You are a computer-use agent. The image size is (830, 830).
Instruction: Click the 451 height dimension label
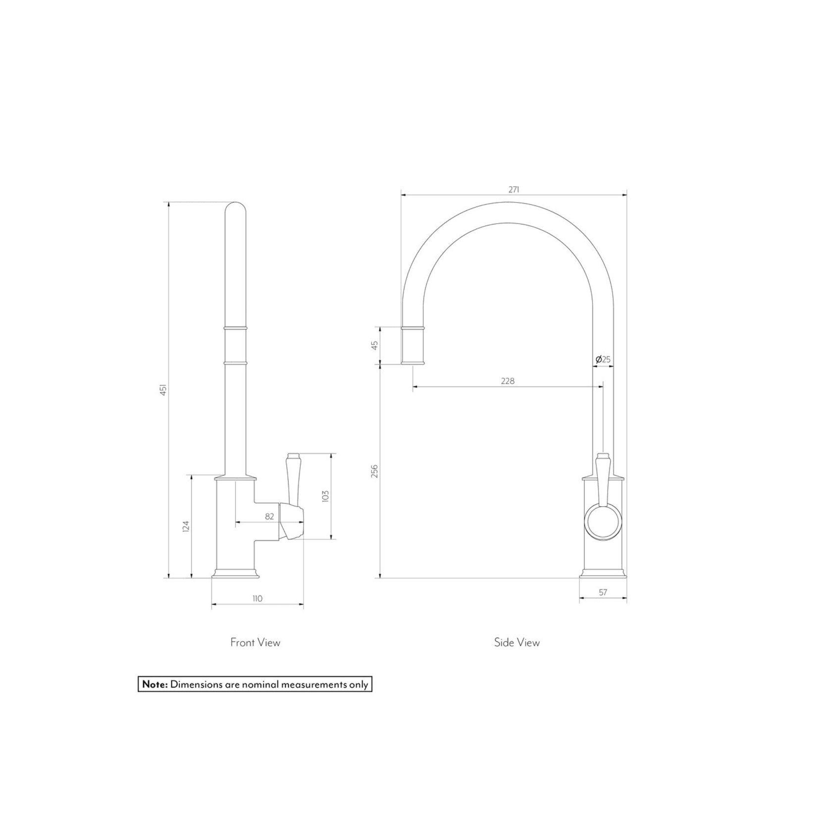pos(163,390)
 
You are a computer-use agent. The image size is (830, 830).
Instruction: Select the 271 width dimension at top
pos(514,190)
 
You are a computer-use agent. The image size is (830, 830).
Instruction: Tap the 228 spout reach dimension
pos(508,381)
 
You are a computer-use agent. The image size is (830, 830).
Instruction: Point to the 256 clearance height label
pos(374,470)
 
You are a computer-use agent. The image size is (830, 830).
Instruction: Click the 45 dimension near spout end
pos(375,345)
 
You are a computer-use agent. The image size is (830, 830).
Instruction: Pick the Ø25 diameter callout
pos(603,360)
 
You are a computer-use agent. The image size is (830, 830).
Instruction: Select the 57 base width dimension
pos(603,592)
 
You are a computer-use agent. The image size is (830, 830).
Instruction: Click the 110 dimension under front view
pos(257,598)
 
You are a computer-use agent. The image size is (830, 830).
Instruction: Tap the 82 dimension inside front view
pos(269,517)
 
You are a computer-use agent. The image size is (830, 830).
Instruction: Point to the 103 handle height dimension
pos(325,496)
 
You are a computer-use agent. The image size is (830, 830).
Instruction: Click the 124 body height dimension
pos(186,526)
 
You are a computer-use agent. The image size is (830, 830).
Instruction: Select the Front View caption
pos(255,642)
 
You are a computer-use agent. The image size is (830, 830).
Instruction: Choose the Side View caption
pos(517,642)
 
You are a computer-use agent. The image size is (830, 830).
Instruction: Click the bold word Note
pos(155,684)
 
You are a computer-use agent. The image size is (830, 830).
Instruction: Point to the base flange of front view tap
pos(235,574)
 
